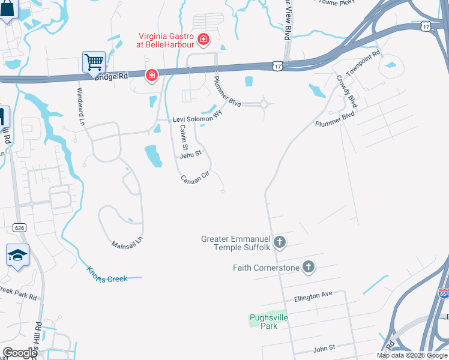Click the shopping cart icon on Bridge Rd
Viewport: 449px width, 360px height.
click(x=94, y=62)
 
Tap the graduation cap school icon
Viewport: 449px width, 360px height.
click(x=18, y=255)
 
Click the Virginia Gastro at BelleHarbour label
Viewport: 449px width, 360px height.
click(x=166, y=40)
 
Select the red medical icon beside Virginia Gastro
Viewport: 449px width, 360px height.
click(x=203, y=40)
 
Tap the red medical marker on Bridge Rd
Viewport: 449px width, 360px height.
click(x=152, y=75)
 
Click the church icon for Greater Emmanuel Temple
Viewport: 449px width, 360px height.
click(x=279, y=243)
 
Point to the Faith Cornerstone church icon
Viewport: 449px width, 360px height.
click(x=309, y=267)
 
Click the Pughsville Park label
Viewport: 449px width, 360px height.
click(x=264, y=321)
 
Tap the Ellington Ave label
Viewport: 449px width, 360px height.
click(x=313, y=295)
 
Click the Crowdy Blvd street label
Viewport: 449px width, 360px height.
click(x=347, y=91)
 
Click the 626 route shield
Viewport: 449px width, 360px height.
click(x=18, y=227)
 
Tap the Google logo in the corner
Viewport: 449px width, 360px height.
click(x=20, y=353)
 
